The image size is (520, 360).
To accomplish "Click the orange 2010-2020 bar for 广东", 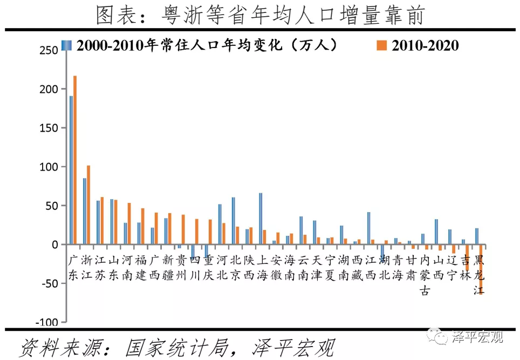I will (x=75, y=160).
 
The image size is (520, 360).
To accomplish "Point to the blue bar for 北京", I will (x=233, y=221).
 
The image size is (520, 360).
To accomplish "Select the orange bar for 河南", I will (x=129, y=223).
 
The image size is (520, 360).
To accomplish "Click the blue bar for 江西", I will (x=368, y=228).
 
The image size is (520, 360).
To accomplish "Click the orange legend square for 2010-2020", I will (x=381, y=46).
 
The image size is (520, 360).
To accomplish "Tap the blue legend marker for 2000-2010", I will (x=66, y=45).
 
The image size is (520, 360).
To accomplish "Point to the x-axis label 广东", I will (x=74, y=268).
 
